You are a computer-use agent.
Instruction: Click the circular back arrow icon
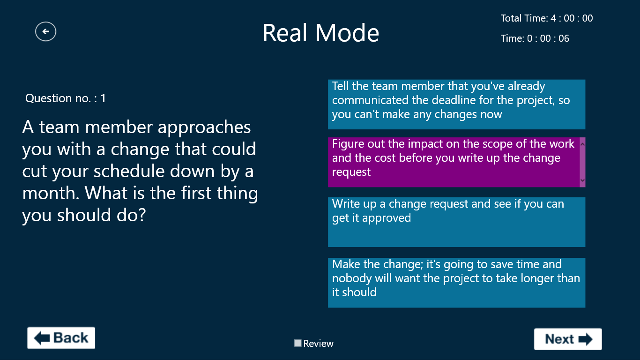click(46, 31)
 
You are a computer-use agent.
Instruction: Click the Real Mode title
click(320, 33)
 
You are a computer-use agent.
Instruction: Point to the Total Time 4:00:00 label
click(547, 18)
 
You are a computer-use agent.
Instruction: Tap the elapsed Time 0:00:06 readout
click(535, 38)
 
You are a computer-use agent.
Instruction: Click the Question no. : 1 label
click(66, 98)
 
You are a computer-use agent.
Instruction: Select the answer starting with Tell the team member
click(456, 105)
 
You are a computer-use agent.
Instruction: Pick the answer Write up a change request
click(456, 222)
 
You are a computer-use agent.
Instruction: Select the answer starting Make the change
click(456, 283)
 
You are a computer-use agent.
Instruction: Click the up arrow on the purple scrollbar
click(582, 144)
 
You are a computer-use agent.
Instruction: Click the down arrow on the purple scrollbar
click(582, 180)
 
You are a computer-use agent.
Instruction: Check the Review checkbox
click(298, 343)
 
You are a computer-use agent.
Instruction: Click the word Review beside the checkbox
click(318, 344)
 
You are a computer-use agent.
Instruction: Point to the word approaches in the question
click(204, 127)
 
